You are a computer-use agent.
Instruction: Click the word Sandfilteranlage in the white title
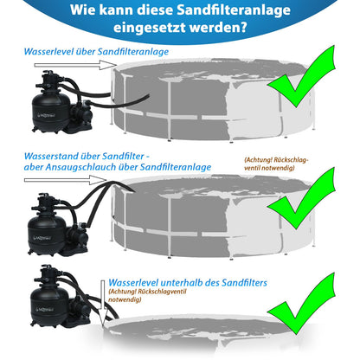pyautogui.click(x=234, y=10)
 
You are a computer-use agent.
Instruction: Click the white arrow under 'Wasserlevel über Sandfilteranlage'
pyautogui.click(x=75, y=65)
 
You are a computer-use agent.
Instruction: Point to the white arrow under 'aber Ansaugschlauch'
pyautogui.click(x=66, y=180)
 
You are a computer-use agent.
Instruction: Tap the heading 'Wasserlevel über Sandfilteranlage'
pyautogui.click(x=96, y=52)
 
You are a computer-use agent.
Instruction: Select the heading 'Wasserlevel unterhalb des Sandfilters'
pyautogui.click(x=188, y=283)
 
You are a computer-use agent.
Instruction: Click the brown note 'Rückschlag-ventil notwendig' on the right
pyautogui.click(x=276, y=164)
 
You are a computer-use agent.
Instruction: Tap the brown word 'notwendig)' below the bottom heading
pyautogui.click(x=125, y=299)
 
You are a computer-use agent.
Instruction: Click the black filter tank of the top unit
pyautogui.click(x=51, y=112)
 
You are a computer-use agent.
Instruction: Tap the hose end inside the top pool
pyautogui.click(x=145, y=98)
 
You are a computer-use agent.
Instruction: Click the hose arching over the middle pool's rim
pyautogui.click(x=119, y=183)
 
